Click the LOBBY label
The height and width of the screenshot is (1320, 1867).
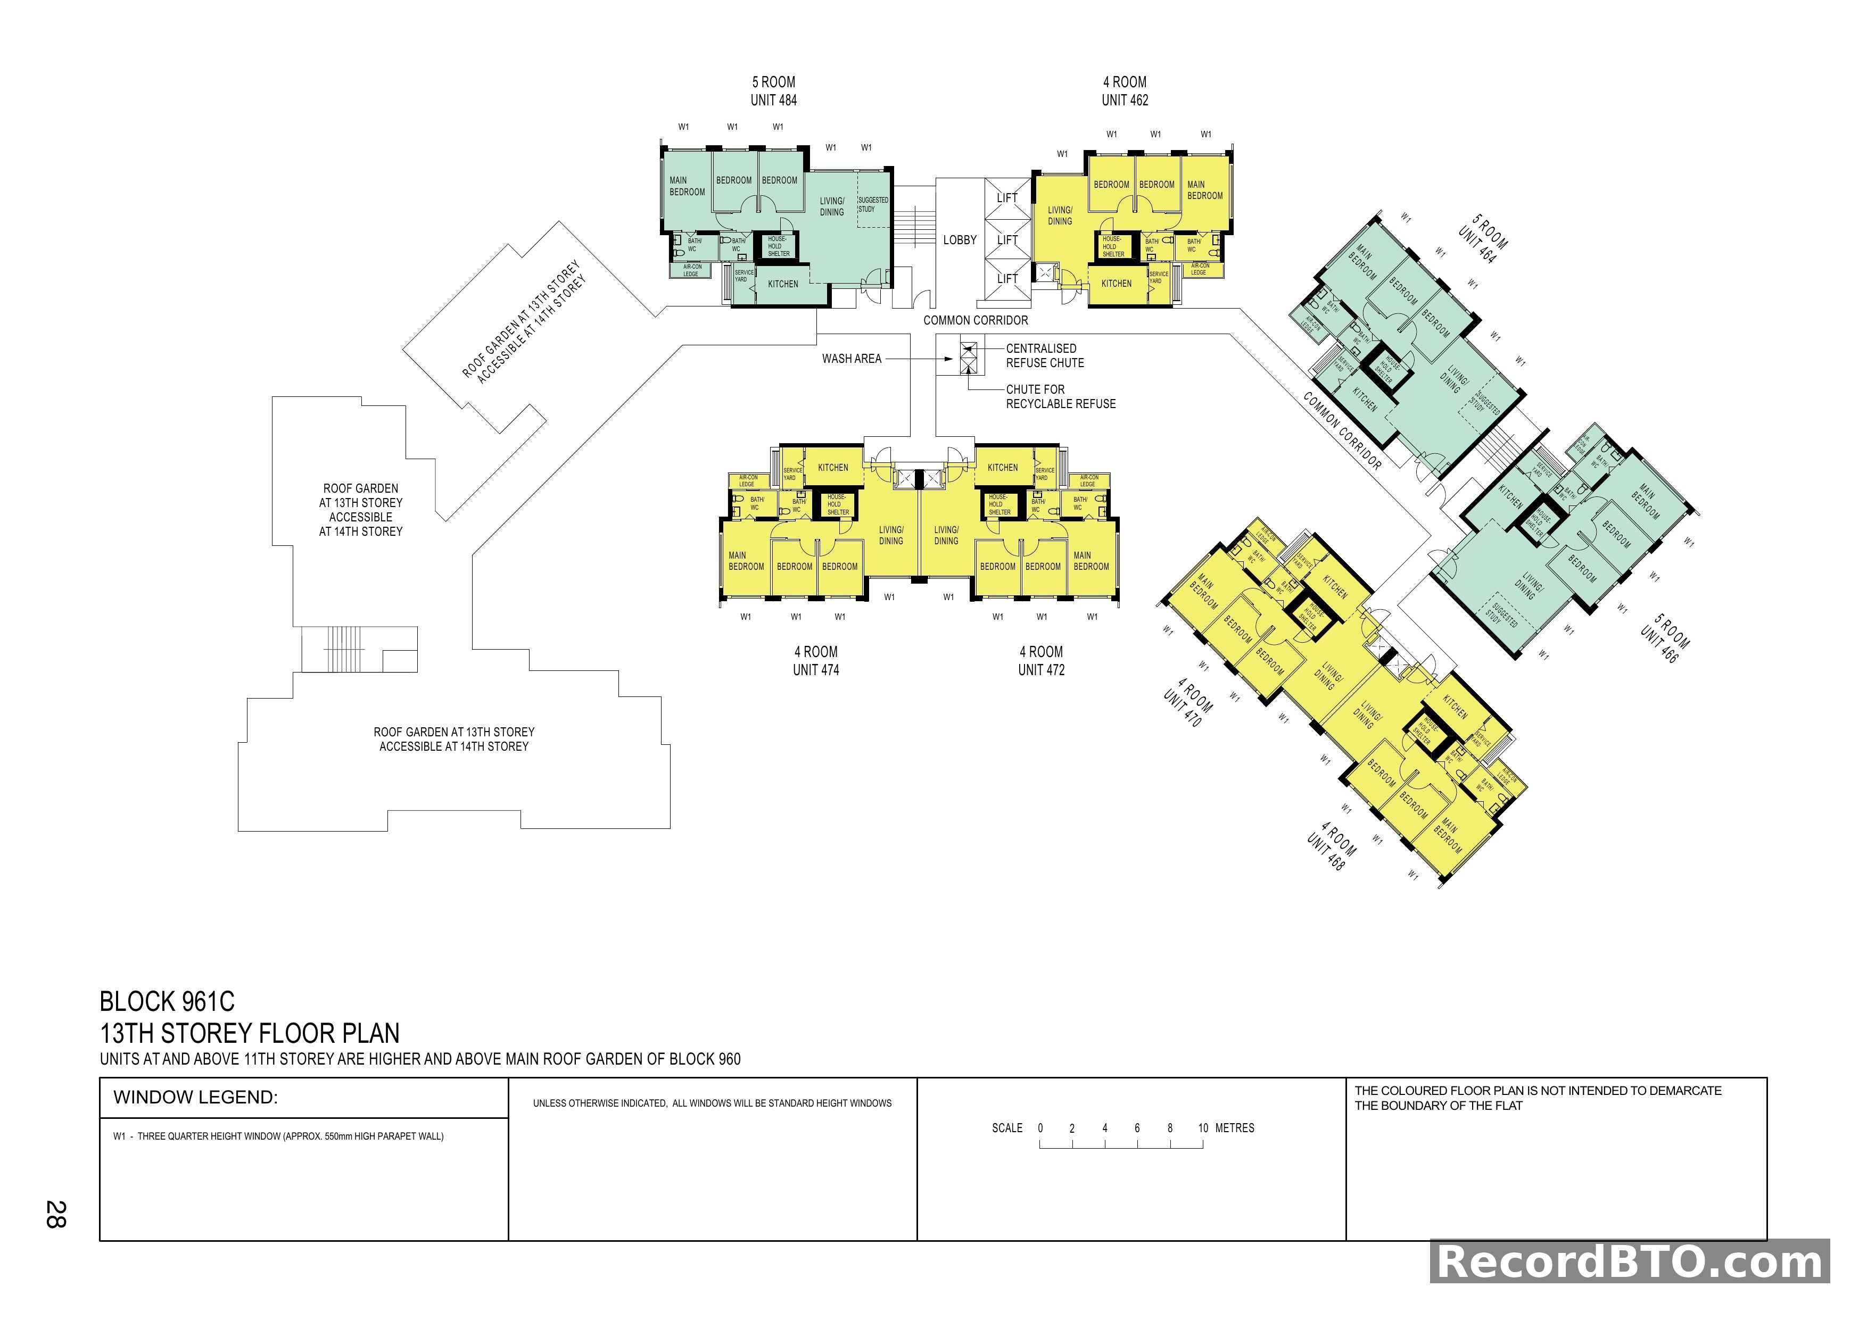click(960, 240)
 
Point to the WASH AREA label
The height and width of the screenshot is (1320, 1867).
click(852, 359)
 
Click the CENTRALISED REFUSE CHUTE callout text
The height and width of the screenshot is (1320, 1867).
click(1044, 355)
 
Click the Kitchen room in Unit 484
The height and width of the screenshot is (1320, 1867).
click(783, 284)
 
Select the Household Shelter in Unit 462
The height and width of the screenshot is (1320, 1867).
click(1112, 246)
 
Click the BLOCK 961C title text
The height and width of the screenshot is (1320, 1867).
click(168, 1001)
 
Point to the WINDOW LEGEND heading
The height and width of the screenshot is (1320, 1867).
click(195, 1097)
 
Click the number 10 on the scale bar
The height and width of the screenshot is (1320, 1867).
click(1203, 1128)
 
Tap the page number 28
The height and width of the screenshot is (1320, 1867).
click(55, 1214)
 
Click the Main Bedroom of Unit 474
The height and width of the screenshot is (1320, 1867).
click(746, 561)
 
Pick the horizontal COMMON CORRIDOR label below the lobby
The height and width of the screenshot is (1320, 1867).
click(975, 320)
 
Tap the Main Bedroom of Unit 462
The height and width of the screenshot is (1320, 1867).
click(1204, 190)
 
